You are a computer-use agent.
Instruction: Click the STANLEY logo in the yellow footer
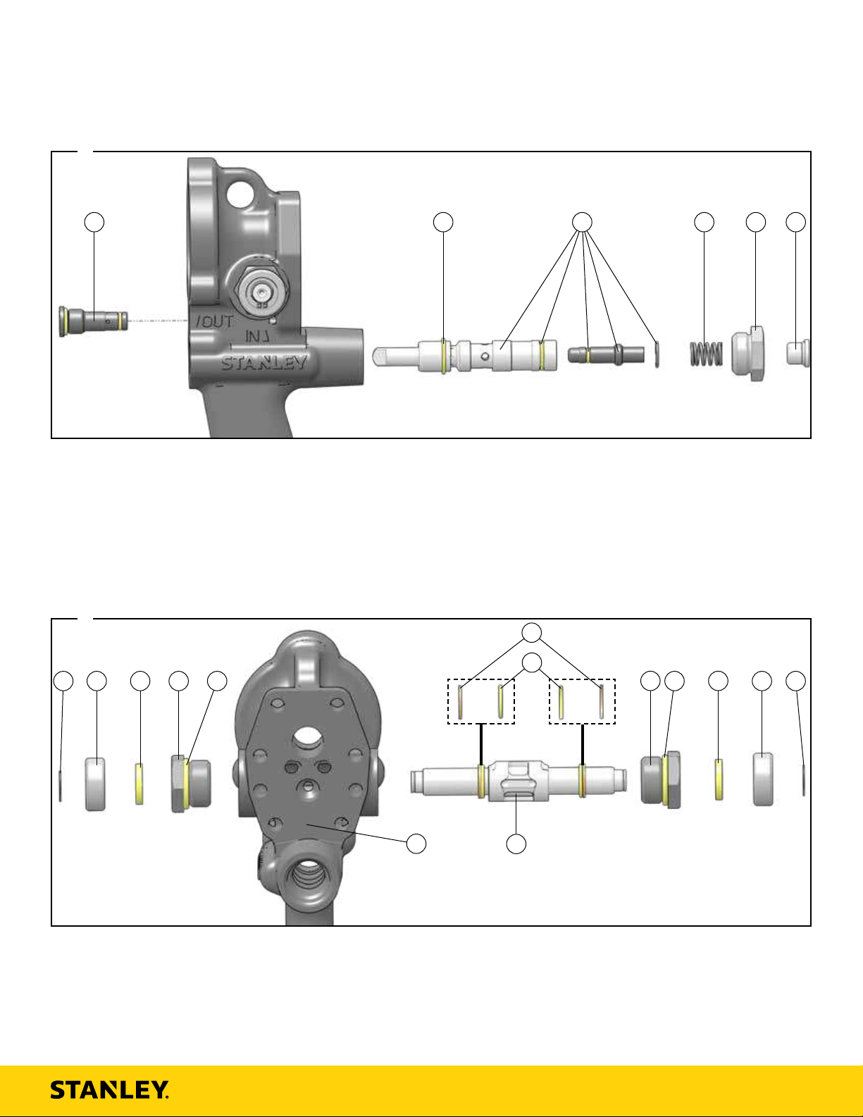tap(109, 1090)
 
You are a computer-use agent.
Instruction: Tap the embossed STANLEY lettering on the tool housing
tap(264, 363)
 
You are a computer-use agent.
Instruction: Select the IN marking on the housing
tap(257, 336)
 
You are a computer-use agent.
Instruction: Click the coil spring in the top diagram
tap(707, 354)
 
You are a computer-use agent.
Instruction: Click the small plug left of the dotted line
tap(93, 321)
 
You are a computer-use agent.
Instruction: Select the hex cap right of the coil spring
tap(748, 354)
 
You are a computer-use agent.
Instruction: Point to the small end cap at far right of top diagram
tap(797, 353)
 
